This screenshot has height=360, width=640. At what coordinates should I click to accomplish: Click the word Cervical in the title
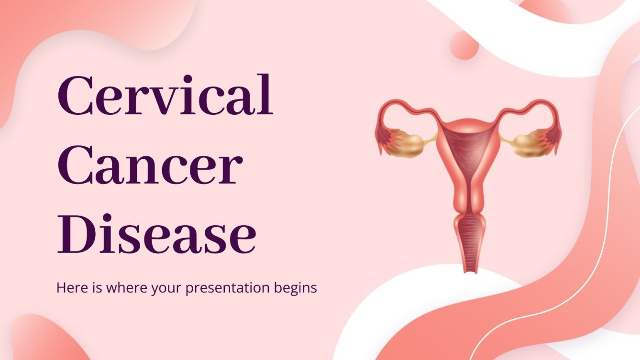165,96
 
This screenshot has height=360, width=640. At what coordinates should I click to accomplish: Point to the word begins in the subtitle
298,288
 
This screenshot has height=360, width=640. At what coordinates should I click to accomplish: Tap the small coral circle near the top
463,45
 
